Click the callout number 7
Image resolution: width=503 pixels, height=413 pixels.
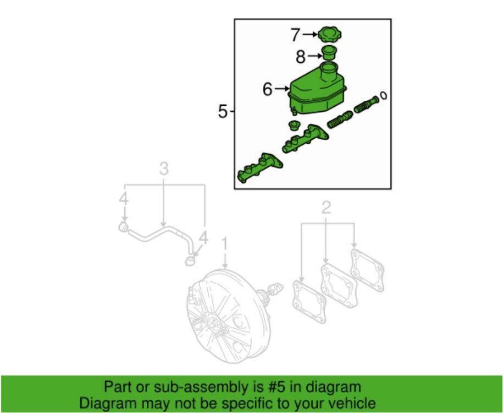(295, 35)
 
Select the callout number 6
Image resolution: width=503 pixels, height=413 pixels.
(268, 89)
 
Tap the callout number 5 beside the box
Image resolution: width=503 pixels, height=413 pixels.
(222, 112)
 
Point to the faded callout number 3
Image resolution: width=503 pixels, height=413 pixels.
(164, 169)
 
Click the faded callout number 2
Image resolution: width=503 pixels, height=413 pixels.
(326, 208)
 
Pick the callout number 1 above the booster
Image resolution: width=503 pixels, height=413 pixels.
(224, 243)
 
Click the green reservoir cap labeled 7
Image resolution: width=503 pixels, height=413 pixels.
(328, 34)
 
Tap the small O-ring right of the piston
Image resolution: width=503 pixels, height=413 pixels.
(384, 96)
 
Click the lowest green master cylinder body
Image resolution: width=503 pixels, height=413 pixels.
(259, 167)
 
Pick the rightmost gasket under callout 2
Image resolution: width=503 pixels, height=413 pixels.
(367, 269)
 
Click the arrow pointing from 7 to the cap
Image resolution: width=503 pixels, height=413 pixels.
(310, 34)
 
